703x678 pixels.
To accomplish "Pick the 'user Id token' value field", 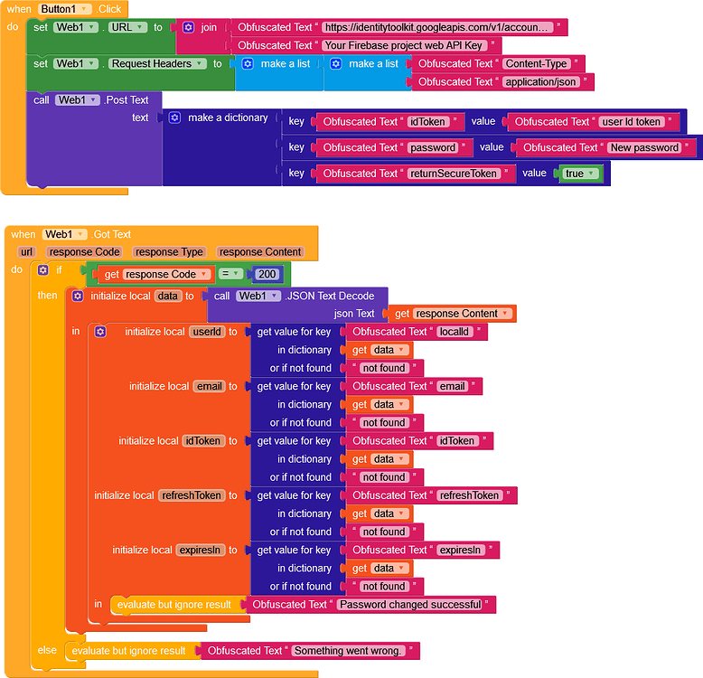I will pos(639,122).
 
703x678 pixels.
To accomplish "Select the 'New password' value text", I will pos(644,147).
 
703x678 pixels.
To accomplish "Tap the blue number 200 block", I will pos(267,274).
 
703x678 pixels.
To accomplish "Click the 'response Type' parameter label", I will pos(168,252).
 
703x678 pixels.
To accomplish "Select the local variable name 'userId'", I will pos(207,332).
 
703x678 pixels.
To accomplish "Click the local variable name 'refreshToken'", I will pos(191,495).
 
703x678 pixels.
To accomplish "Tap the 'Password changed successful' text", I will pos(411,605).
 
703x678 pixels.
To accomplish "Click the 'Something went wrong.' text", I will pos(350,651).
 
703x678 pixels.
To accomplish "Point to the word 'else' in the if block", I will pos(47,650).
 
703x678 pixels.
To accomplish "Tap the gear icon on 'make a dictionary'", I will pos(174,118).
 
